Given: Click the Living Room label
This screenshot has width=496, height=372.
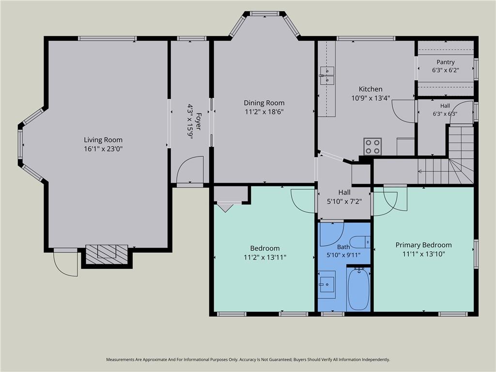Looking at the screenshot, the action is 103,140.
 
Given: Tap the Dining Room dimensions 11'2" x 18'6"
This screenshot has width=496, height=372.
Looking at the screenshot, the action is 264,112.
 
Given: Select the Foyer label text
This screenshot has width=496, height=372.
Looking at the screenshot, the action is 199,122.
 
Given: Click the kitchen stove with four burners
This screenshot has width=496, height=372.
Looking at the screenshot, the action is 372,146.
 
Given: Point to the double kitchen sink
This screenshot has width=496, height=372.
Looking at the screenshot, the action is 327,76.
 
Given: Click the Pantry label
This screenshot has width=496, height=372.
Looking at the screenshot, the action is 446,62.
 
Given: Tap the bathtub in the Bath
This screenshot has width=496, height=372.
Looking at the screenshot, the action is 358,289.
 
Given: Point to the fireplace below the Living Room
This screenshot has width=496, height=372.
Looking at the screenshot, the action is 107,254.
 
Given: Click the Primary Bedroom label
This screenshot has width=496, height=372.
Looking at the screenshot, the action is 423,245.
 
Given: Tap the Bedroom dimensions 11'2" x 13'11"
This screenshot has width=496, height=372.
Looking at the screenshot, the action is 265,257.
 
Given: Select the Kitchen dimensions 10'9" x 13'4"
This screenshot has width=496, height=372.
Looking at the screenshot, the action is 371,98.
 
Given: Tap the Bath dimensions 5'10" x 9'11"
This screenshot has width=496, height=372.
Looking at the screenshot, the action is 343,255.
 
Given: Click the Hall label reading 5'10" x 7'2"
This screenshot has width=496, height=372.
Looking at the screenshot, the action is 344,201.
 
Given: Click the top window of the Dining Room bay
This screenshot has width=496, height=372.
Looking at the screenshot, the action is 264,14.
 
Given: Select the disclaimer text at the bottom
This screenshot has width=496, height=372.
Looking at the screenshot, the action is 248,360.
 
